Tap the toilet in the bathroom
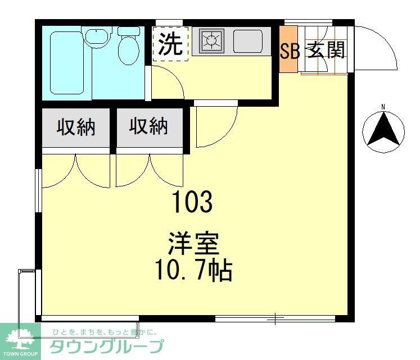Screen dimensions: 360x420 click(129, 48)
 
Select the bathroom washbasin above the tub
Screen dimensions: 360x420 click(97, 38)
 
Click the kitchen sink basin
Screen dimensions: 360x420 click(247, 41)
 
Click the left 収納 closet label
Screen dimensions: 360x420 click(75, 127)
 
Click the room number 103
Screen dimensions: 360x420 click(193, 202)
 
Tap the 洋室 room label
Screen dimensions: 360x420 click(193, 245)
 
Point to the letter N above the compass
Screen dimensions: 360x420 click(383, 107)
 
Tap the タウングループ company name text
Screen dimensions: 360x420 click(107, 346)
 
